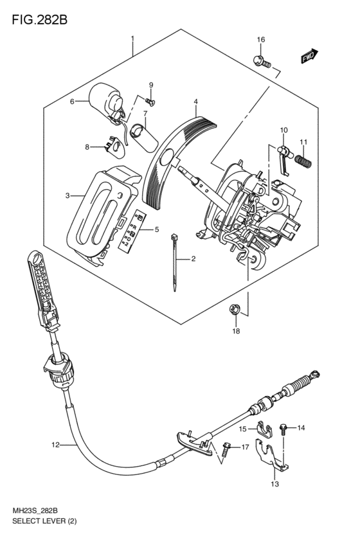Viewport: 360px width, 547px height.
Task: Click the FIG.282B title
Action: click(x=39, y=19)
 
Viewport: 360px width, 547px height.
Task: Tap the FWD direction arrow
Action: click(x=309, y=56)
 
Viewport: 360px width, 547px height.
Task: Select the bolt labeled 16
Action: click(x=262, y=62)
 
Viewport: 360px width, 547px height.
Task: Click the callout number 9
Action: click(x=151, y=85)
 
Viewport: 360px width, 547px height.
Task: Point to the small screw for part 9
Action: click(x=150, y=101)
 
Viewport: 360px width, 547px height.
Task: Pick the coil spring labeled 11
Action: click(x=303, y=161)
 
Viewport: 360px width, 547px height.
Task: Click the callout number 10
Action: click(x=283, y=130)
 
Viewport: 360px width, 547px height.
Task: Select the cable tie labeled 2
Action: click(x=174, y=262)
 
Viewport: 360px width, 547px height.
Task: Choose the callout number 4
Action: click(x=196, y=102)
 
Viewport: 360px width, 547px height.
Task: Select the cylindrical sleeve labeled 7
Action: click(x=143, y=138)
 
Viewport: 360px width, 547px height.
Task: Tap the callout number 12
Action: click(x=55, y=444)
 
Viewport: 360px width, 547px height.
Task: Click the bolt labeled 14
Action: click(x=283, y=429)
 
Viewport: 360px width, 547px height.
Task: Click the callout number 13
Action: click(x=275, y=484)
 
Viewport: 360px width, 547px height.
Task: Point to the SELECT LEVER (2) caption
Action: click(x=44, y=521)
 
